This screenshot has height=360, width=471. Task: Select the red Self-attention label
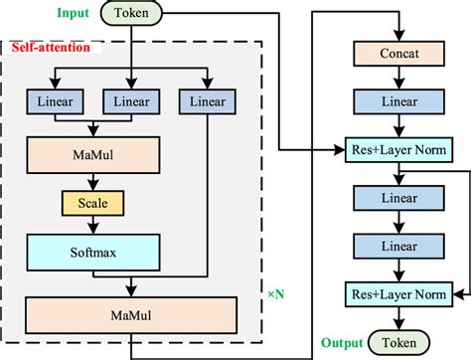(x=52, y=47)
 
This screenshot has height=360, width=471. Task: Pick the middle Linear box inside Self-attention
(x=131, y=101)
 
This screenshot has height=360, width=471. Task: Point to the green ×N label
(x=277, y=295)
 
